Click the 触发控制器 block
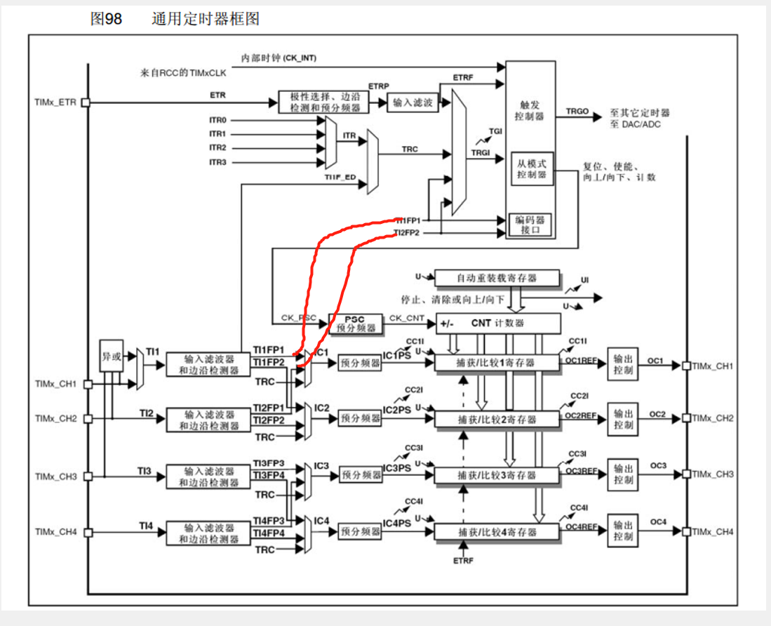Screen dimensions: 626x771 (x=530, y=111)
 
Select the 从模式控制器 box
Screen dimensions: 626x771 (x=531, y=168)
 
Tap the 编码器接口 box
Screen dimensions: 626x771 (x=531, y=225)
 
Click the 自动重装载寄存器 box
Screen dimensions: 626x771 (x=497, y=278)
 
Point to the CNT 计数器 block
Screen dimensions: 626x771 (x=499, y=324)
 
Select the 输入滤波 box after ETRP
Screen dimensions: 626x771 (x=413, y=102)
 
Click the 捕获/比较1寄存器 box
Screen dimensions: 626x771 (x=497, y=363)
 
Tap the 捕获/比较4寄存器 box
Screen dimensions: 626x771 (x=497, y=533)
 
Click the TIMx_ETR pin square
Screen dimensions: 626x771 (x=86, y=102)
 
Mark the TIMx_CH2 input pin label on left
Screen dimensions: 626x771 (x=55, y=419)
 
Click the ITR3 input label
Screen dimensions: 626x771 (x=217, y=162)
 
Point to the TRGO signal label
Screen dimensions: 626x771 (x=577, y=112)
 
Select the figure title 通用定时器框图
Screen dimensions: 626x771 (x=206, y=19)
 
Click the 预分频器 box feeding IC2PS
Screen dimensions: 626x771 (x=360, y=419)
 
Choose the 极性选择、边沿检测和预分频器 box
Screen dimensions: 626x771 (x=323, y=102)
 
